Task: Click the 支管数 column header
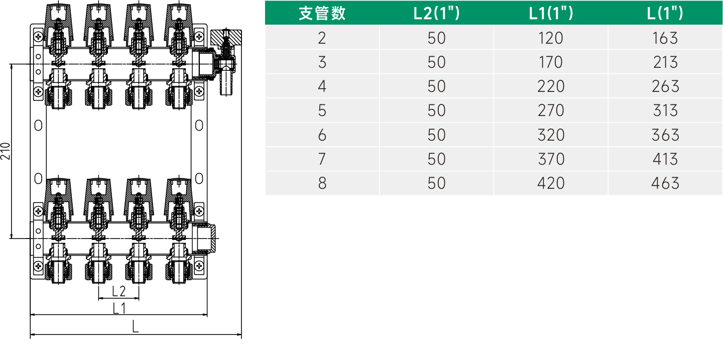pyautogui.click(x=322, y=13)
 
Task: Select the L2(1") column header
pyautogui.click(x=436, y=13)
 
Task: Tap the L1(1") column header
pyautogui.click(x=551, y=13)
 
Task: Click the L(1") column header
pyautogui.click(x=665, y=13)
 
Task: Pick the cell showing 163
pyautogui.click(x=665, y=38)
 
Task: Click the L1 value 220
pyautogui.click(x=551, y=86)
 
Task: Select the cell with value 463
pyautogui.click(x=665, y=183)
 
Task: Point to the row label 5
pyautogui.click(x=322, y=110)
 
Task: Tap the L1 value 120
pyautogui.click(x=551, y=38)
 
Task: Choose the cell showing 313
pyautogui.click(x=665, y=110)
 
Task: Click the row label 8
pyautogui.click(x=322, y=183)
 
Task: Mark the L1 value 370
pyautogui.click(x=551, y=159)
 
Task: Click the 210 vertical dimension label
pyautogui.click(x=6, y=151)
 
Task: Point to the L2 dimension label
pyautogui.click(x=118, y=291)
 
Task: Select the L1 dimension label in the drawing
pyautogui.click(x=118, y=308)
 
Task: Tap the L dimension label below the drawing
pyautogui.click(x=136, y=327)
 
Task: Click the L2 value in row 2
pyautogui.click(x=436, y=38)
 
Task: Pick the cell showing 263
pyautogui.click(x=665, y=86)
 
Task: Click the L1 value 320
pyautogui.click(x=551, y=135)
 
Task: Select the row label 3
pyautogui.click(x=322, y=62)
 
